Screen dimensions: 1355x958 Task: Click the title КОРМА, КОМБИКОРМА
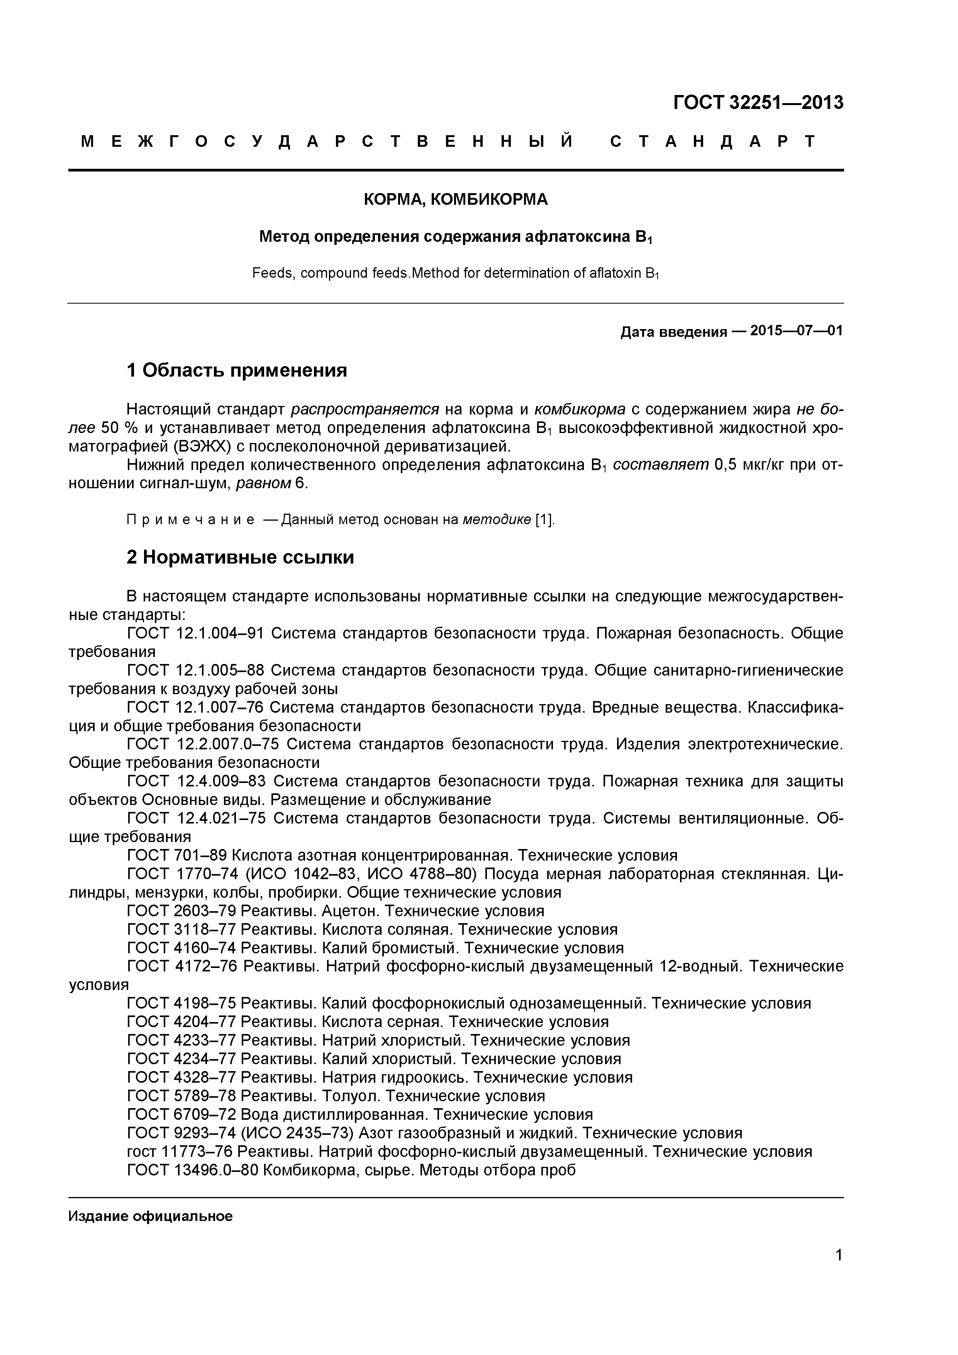pyautogui.click(x=455, y=199)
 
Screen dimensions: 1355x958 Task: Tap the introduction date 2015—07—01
pyautogui.click(x=796, y=331)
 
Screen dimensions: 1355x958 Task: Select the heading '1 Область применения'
pyautogui.click(x=237, y=371)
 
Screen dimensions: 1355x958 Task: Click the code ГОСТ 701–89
pyautogui.click(x=177, y=855)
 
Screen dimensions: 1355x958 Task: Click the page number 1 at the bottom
pyautogui.click(x=838, y=1272)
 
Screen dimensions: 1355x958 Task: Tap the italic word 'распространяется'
pyautogui.click(x=365, y=409)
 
